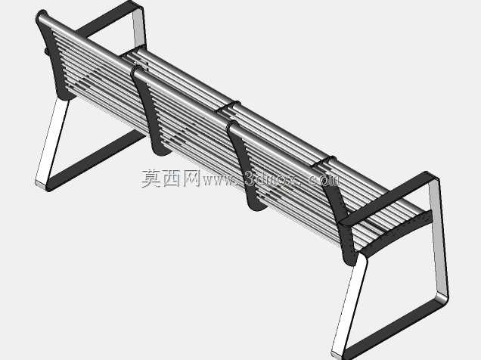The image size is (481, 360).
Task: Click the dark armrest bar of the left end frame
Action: [107, 18]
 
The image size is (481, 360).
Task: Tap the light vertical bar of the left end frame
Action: [139, 27]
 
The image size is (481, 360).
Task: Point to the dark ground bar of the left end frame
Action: [95, 160]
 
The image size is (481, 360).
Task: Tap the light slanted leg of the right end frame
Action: [349, 306]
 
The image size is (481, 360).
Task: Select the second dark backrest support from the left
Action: [151, 110]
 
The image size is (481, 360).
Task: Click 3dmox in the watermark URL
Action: [270, 179]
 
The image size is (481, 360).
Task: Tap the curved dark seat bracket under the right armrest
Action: [396, 234]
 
